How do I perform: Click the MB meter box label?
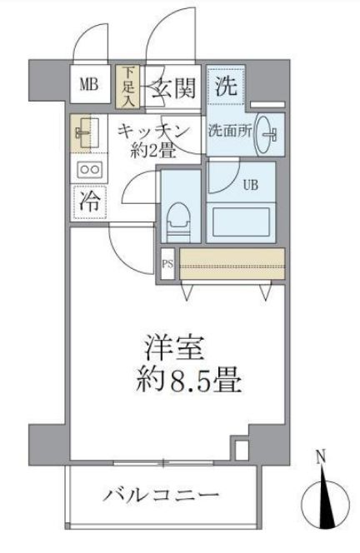click(89, 85)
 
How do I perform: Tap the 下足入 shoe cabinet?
click(129, 87)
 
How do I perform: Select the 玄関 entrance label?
click(173, 87)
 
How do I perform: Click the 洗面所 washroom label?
click(229, 132)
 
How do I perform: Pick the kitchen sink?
click(84, 133)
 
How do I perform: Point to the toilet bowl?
click(179, 222)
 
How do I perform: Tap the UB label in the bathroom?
click(250, 185)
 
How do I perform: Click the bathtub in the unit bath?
click(241, 222)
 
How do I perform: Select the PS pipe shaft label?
click(167, 264)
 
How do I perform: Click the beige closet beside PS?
click(232, 263)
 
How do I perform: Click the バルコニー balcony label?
click(161, 496)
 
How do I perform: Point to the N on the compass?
click(321, 457)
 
